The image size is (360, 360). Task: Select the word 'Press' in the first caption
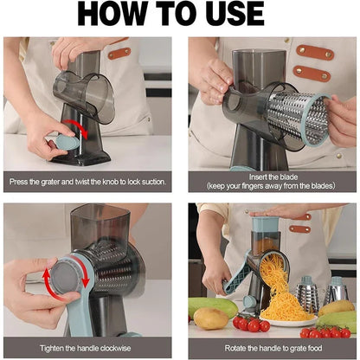pyautogui.click(x=22, y=183)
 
